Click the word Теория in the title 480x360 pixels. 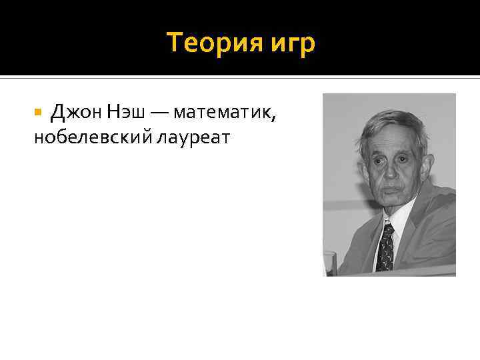tap(206, 43)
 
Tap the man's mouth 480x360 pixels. tap(393, 190)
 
